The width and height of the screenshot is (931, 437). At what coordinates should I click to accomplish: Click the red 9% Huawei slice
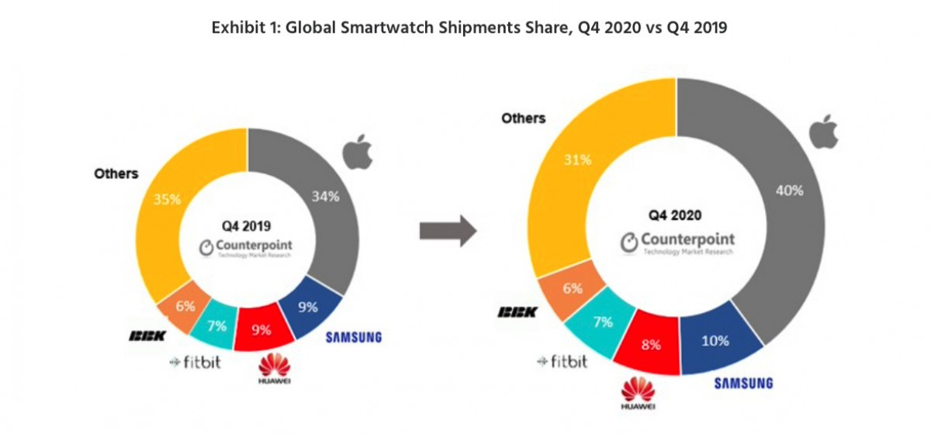[262, 329]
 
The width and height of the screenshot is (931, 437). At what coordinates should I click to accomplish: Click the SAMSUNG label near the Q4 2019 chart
[354, 337]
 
